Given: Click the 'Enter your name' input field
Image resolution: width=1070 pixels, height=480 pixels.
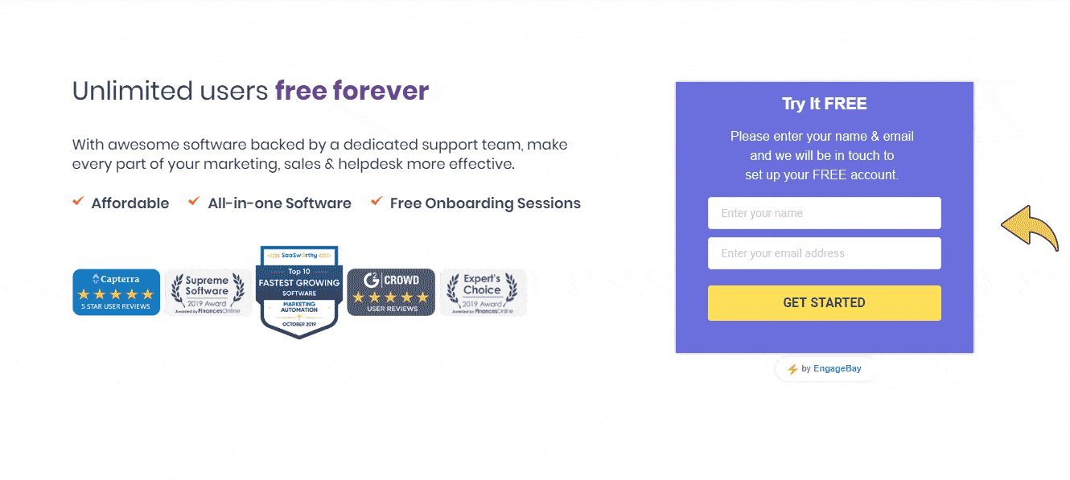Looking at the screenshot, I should pyautogui.click(x=824, y=213).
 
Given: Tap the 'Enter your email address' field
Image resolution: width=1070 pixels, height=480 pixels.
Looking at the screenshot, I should pyautogui.click(x=824, y=253).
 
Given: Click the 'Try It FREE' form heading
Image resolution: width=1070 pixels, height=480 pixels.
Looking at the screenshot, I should pyautogui.click(x=824, y=104).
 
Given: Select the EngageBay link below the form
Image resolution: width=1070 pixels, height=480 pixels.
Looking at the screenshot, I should pyautogui.click(x=837, y=369).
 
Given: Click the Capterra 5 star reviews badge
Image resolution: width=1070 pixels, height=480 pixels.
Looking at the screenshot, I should pyautogui.click(x=116, y=292).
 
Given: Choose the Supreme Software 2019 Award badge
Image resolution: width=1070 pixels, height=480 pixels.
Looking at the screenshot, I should pyautogui.click(x=208, y=293).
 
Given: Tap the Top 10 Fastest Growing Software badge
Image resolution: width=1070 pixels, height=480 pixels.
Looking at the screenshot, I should pyautogui.click(x=298, y=293).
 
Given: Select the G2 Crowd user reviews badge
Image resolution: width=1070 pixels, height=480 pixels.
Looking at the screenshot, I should pyautogui.click(x=391, y=292).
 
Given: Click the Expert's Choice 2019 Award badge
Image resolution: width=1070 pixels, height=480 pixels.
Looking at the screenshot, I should pyautogui.click(x=483, y=293).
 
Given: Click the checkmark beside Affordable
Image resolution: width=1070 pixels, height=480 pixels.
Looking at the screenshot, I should pyautogui.click(x=78, y=201).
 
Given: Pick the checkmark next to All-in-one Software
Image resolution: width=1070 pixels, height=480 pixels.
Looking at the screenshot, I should pyautogui.click(x=194, y=201).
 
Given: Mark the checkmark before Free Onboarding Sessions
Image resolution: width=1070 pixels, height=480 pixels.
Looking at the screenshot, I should pyautogui.click(x=377, y=201).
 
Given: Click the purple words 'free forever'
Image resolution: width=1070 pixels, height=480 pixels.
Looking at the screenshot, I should pyautogui.click(x=352, y=91).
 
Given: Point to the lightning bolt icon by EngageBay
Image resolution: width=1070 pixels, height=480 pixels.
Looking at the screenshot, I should pyautogui.click(x=792, y=369).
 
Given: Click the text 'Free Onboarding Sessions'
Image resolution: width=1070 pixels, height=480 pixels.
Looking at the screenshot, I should pyautogui.click(x=485, y=203).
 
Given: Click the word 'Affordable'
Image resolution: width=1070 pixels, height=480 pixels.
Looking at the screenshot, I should pyautogui.click(x=130, y=203).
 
